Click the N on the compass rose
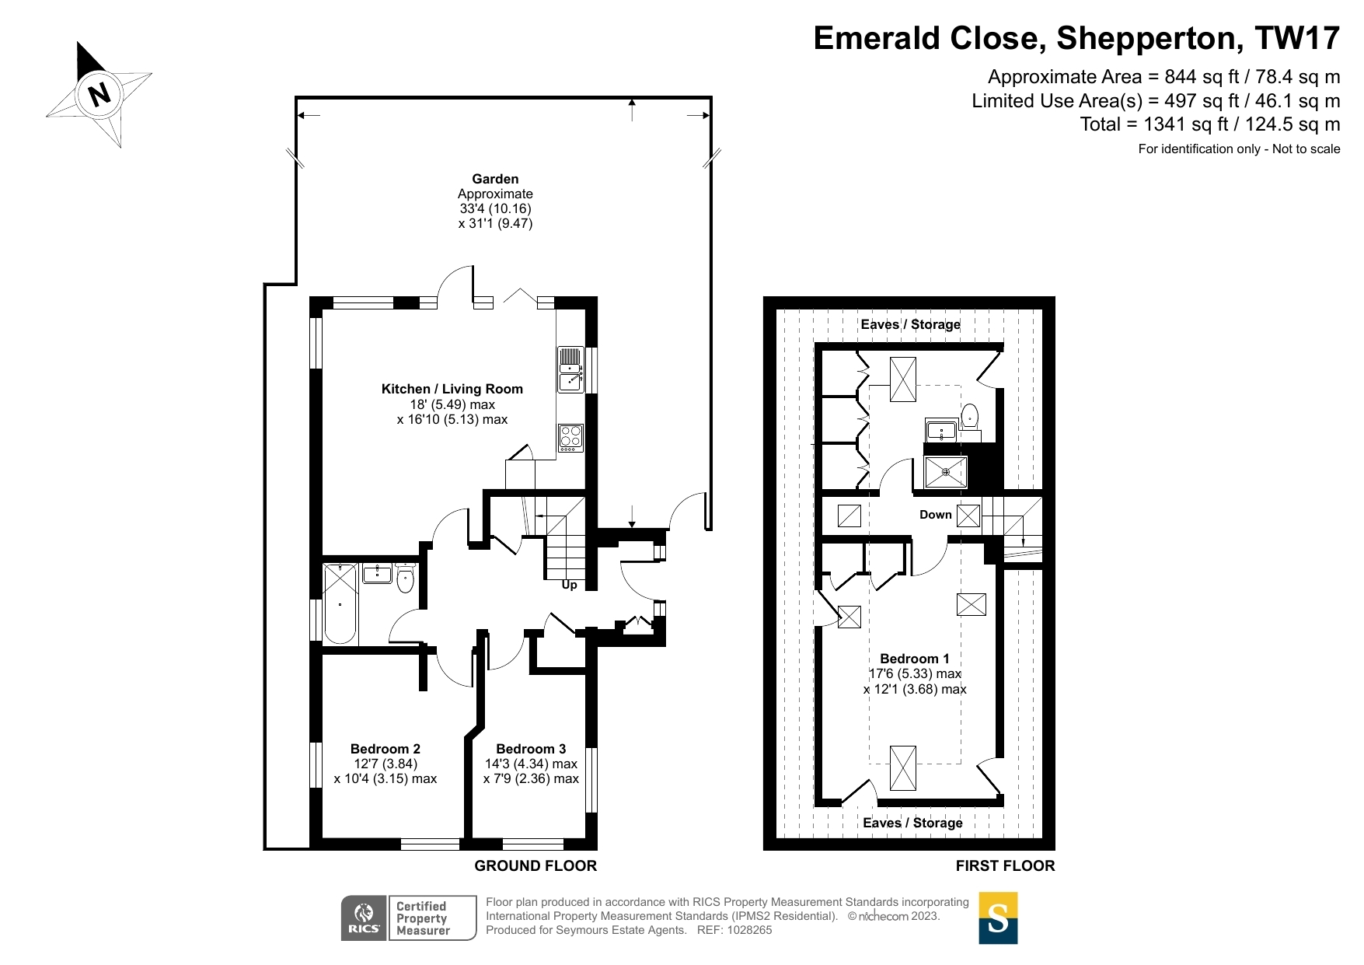99,95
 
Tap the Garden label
495,179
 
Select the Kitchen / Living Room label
452,389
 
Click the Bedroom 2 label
385,749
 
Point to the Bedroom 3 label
531,749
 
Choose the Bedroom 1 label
915,659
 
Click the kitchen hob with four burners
570,438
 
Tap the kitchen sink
570,369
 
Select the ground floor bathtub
340,604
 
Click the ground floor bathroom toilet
405,579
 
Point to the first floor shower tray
945,472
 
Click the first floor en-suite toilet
969,416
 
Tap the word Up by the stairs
570,585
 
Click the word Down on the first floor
936,515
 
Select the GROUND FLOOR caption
535,865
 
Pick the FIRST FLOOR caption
1005,865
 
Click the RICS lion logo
364,918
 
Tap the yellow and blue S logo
998,918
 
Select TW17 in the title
1297,38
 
